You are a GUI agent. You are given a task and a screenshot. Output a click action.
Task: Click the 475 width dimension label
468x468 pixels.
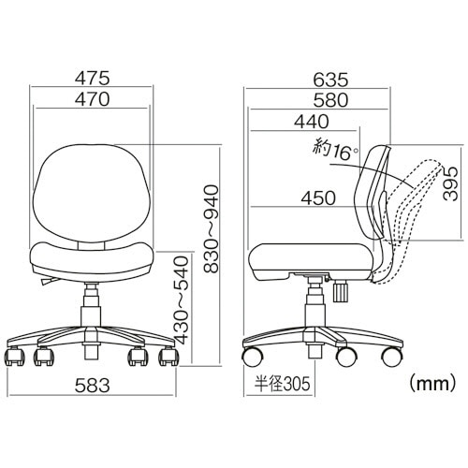pos(93,78)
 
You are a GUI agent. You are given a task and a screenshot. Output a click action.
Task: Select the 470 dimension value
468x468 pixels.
pos(93,99)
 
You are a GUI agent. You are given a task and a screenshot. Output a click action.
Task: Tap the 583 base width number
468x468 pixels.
pos(93,385)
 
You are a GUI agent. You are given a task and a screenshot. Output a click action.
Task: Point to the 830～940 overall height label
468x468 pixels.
pos(211,229)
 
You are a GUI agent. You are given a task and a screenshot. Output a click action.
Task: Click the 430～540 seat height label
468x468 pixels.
pos(182,300)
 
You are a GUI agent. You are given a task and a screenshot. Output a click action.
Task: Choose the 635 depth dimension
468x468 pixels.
pos(330,80)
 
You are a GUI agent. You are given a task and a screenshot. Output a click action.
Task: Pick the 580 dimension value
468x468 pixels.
pos(330,100)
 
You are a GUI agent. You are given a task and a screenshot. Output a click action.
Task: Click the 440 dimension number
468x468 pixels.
pos(312,122)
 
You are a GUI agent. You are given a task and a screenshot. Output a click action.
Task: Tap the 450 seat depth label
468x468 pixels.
pos(318,197)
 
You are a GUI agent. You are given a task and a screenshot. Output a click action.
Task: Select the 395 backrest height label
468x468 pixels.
pos(450,183)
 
